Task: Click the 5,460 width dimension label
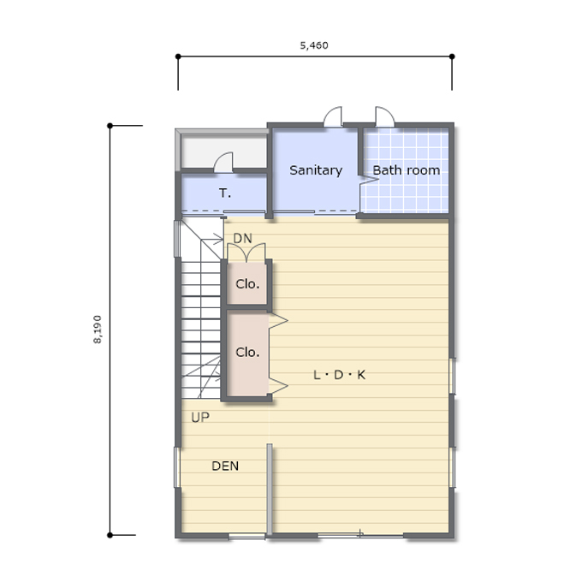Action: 314,45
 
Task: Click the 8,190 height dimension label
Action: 98,330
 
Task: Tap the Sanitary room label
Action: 316,170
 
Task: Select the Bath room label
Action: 407,170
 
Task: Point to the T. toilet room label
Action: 225,193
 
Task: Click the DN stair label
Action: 243,238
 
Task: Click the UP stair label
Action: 200,418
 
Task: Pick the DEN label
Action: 225,466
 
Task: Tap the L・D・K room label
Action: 340,375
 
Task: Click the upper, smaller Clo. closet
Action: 247,284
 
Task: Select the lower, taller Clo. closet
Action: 247,353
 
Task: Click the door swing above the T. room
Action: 224,163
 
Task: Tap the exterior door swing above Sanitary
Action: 333,117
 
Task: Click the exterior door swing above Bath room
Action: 384,117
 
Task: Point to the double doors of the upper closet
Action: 246,252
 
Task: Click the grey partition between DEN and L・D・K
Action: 270,490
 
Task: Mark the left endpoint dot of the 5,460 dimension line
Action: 178,56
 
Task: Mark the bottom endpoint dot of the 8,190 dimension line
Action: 110,535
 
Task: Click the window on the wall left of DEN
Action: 177,467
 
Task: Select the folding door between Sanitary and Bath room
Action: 368,180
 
